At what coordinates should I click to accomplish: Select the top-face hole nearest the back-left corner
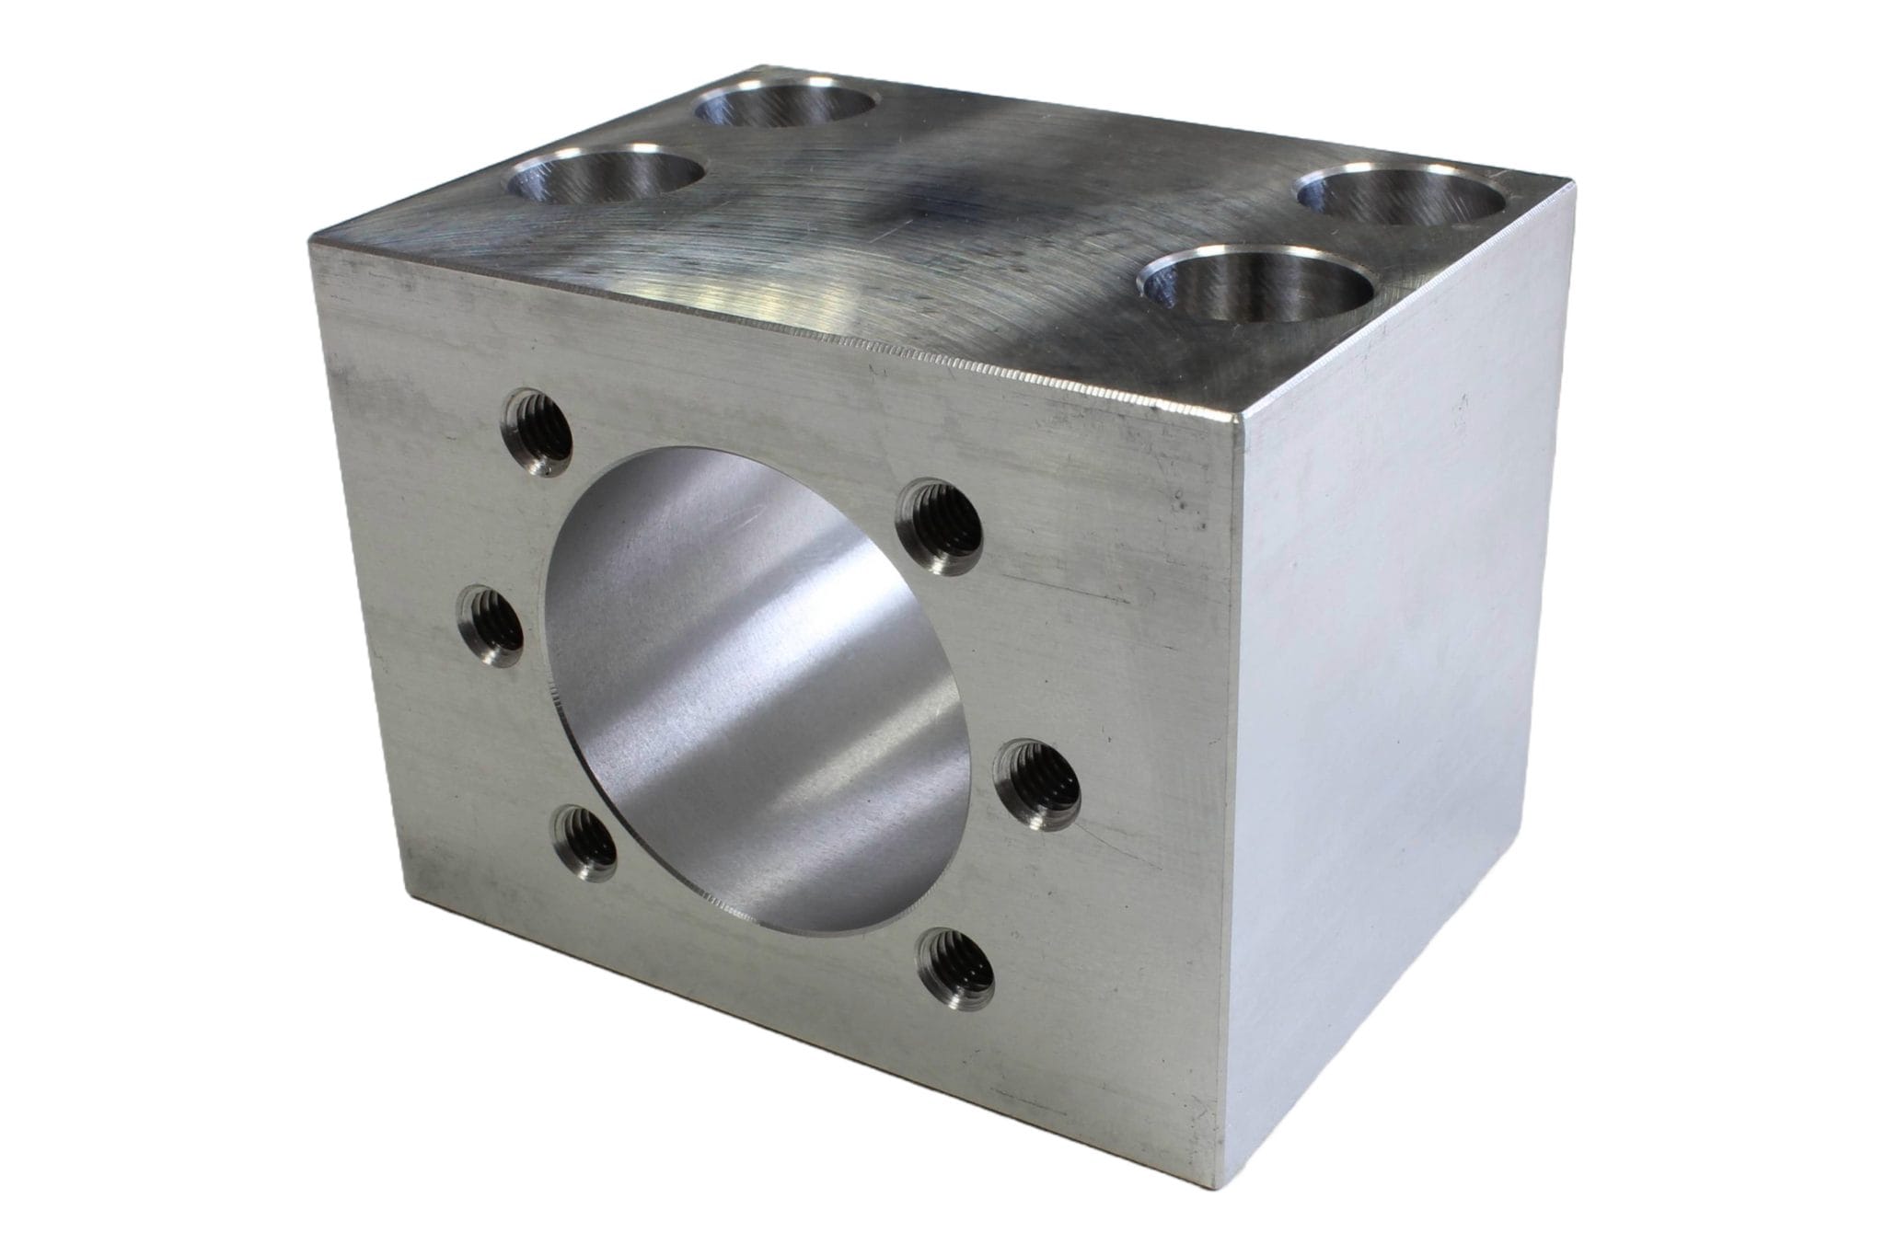785,99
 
